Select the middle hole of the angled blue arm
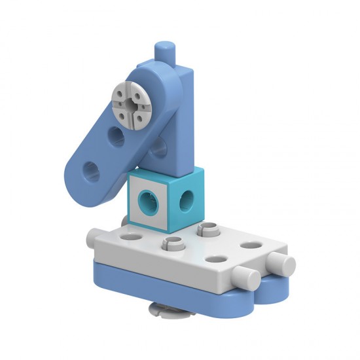pos(117,137)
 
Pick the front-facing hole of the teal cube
pos(148,202)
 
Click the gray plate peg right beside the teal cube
pos(209,230)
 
